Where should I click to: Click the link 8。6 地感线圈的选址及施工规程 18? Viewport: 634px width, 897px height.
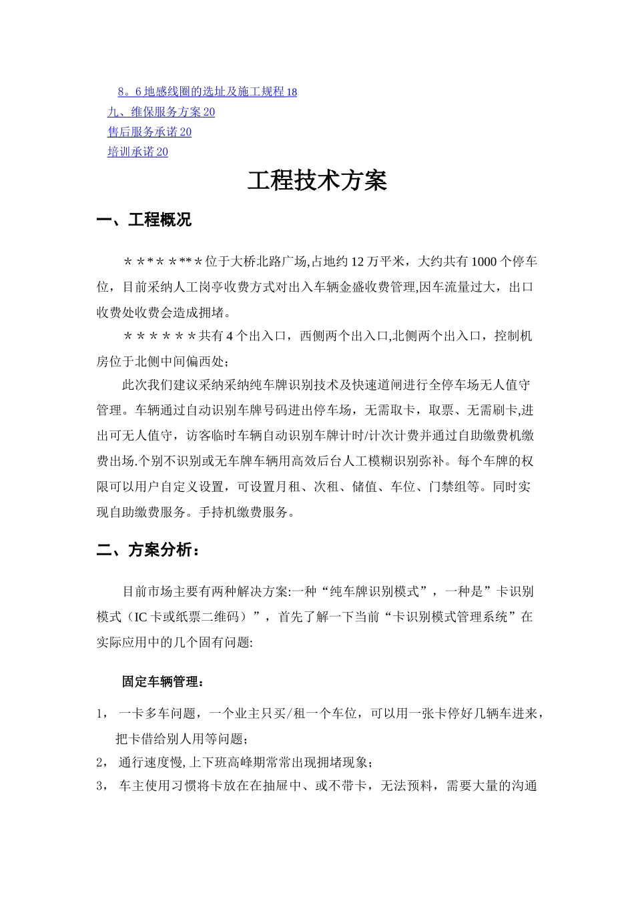click(x=208, y=92)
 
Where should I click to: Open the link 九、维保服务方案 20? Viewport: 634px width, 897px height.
click(x=161, y=112)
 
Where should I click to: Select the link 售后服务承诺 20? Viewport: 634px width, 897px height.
click(x=149, y=132)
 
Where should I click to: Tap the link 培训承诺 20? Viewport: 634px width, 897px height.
click(x=137, y=152)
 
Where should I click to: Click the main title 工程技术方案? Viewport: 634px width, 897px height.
click(x=317, y=181)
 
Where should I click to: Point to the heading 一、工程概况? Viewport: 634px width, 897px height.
click(x=144, y=220)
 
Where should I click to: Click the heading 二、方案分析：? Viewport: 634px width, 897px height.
click(x=147, y=551)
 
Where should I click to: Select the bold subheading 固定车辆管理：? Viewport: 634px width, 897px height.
click(x=163, y=682)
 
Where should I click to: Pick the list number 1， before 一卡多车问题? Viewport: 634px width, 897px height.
click(x=101, y=714)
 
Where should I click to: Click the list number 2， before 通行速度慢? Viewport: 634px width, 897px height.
click(x=101, y=763)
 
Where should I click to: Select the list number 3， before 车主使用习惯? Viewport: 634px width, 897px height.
click(x=101, y=786)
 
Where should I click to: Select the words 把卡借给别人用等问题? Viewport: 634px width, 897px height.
click(x=182, y=739)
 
